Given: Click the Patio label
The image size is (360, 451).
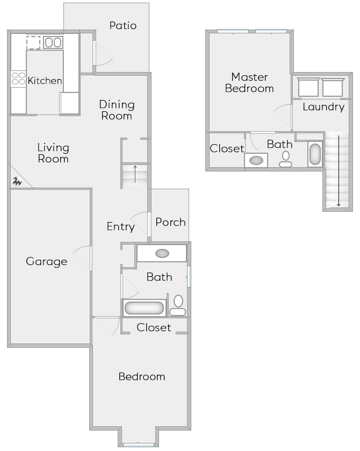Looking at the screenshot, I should pos(123,25).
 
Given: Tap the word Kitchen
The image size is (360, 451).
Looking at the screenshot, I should pos(45,81).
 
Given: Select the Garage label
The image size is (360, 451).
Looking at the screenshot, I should pos(47,262).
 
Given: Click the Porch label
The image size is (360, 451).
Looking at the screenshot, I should pos(170,222).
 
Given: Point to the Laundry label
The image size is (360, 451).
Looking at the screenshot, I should pos(323,107).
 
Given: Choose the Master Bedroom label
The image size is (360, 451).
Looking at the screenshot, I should pos(249,83).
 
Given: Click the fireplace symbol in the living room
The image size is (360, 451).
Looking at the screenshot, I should pos(16,182).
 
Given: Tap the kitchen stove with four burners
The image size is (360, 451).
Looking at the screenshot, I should pos(18,79).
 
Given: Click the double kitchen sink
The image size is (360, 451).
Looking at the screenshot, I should pos(53,42).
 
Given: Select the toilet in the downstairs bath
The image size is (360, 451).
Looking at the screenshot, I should pos(178,305).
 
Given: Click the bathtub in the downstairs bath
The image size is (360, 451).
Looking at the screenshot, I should pos(144,308).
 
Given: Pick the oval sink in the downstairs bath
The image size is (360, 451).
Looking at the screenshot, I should pos(161,253).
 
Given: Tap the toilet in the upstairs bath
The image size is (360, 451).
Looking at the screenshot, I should pos(286,159).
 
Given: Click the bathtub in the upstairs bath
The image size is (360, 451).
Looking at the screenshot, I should pos(315,154).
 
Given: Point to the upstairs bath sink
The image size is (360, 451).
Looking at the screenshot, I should pos(257,160).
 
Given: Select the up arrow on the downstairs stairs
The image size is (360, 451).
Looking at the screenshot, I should pos(135,175).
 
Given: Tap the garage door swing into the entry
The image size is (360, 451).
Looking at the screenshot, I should pos(82,257).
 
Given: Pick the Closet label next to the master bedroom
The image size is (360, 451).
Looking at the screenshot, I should pos(227,149).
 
